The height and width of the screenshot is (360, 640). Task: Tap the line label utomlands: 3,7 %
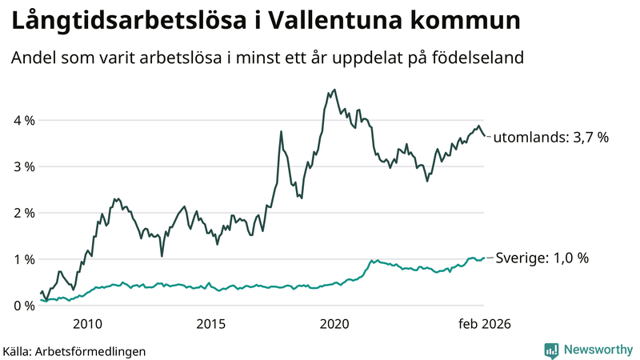[x=551, y=138]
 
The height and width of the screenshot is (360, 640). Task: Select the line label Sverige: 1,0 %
[x=542, y=258]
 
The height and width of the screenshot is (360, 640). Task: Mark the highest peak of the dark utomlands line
[x=334, y=90]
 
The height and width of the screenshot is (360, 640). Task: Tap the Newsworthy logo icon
[x=551, y=350]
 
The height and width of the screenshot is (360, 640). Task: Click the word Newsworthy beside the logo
[x=596, y=350]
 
